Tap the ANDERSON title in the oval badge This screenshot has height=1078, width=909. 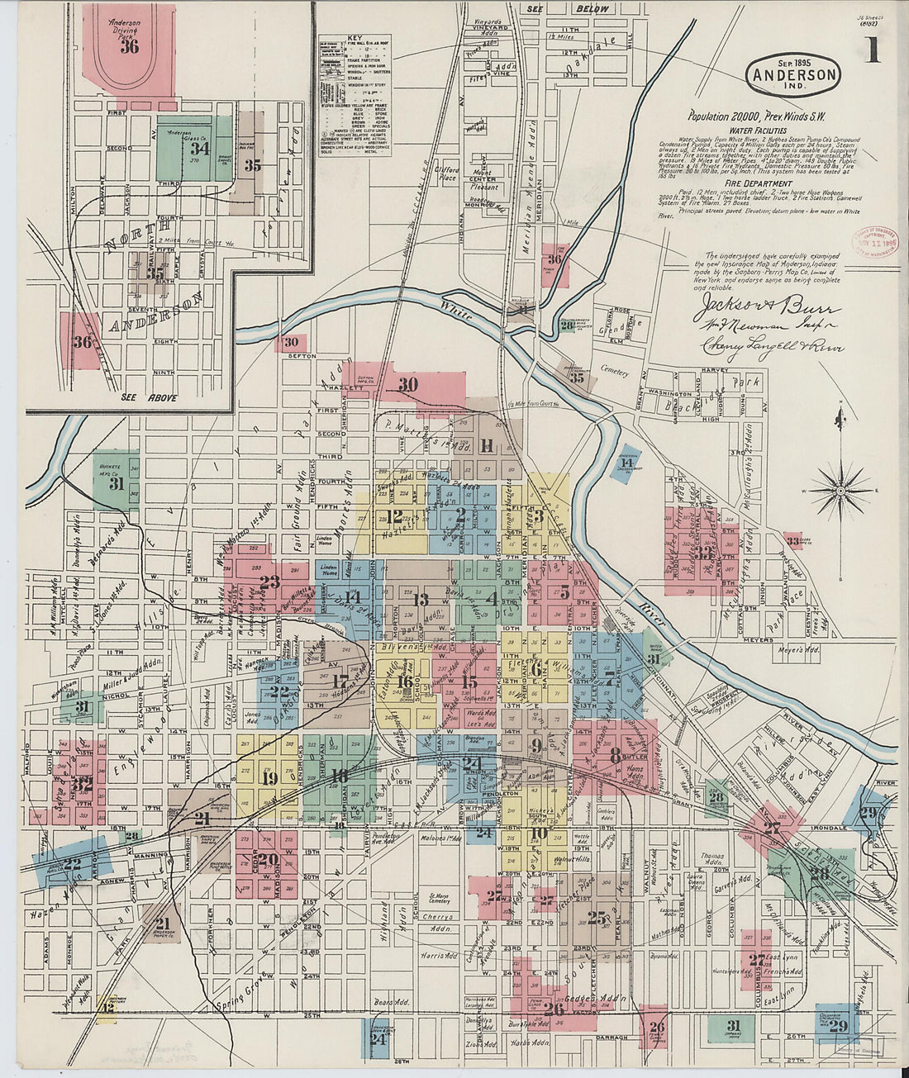pyautogui.click(x=793, y=74)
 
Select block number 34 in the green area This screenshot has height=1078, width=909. pyautogui.click(x=199, y=149)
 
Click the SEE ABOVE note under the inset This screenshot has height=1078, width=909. pyautogui.click(x=149, y=397)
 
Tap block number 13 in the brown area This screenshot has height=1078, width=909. pyautogui.click(x=420, y=600)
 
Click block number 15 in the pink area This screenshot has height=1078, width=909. pyautogui.click(x=469, y=681)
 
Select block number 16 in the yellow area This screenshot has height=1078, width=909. pyautogui.click(x=405, y=681)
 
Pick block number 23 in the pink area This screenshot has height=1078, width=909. pyautogui.click(x=269, y=582)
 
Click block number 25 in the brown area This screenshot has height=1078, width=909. pyautogui.click(x=597, y=917)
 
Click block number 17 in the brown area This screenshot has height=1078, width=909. pyautogui.click(x=340, y=681)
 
